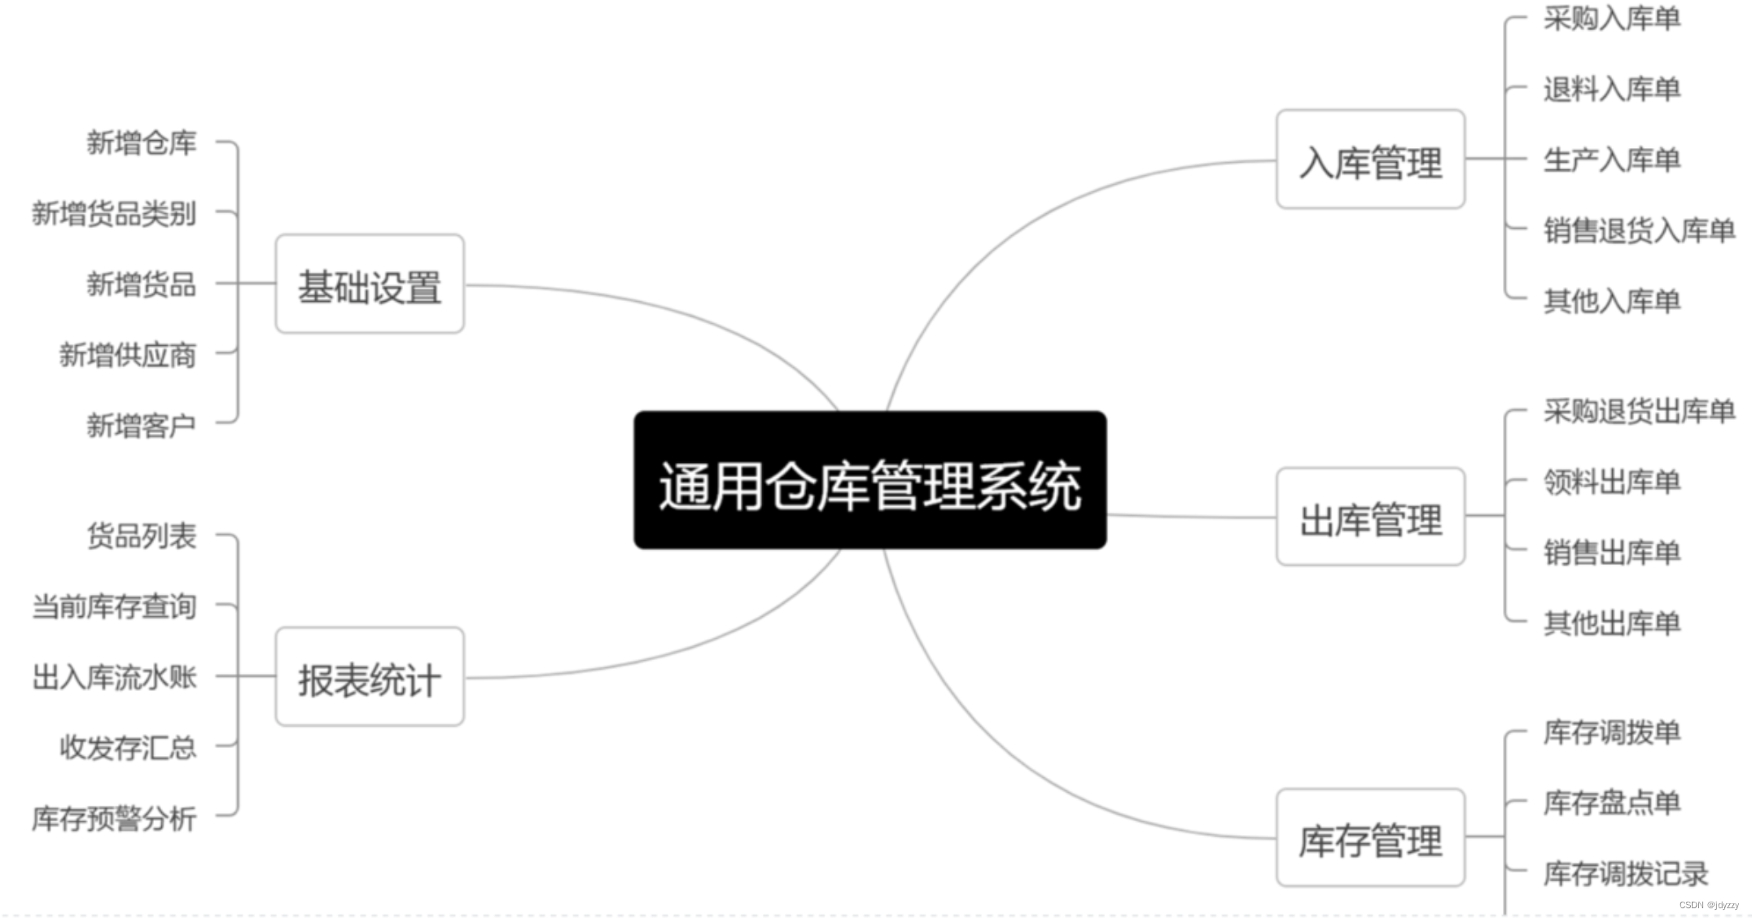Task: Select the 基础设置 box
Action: pos(370,284)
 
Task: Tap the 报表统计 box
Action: pos(370,677)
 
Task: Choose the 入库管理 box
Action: pos(1370,160)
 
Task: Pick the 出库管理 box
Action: pos(1370,517)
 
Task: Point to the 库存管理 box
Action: pos(1370,838)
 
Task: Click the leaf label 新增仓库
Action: pos(142,142)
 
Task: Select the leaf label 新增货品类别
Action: pos(114,213)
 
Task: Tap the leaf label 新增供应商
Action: pos(128,355)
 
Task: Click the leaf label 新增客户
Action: pos(142,425)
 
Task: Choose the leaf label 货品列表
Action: pos(142,535)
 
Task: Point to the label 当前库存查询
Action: pos(114,606)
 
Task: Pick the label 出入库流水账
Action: pos(114,677)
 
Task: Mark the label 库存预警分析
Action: pos(114,818)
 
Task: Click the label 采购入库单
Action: pos(1612,18)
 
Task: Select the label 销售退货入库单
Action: pos(1639,230)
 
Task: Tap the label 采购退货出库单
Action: pos(1639,411)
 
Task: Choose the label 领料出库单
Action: pos(1612,482)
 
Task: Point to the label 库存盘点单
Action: pos(1612,802)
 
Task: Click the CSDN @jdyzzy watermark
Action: pos(1709,905)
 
